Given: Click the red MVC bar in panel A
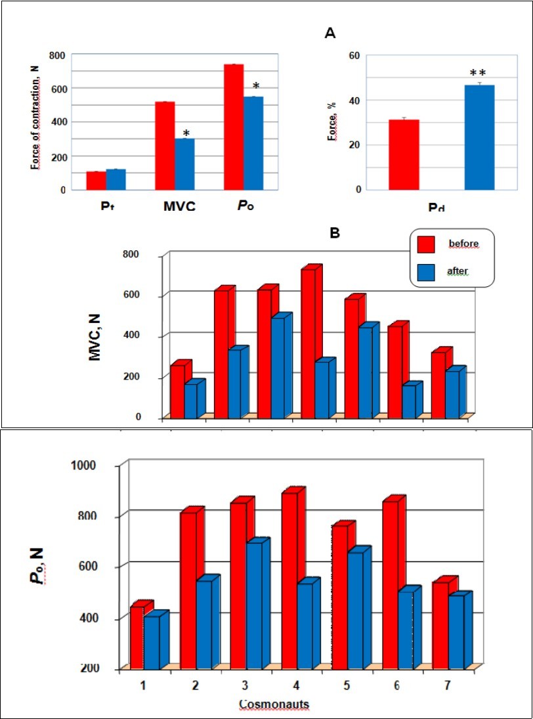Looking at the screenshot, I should pyautogui.click(x=164, y=146).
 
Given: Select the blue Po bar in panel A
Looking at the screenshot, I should pyautogui.click(x=253, y=143).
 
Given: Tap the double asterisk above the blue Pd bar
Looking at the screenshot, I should pyautogui.click(x=479, y=73).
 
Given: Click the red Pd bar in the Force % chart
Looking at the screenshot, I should pyautogui.click(x=404, y=155).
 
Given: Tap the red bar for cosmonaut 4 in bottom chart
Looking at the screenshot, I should pyautogui.click(x=289, y=580).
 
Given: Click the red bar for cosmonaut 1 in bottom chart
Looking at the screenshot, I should pyautogui.click(x=137, y=638).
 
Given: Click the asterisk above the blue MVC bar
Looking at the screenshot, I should pyautogui.click(x=186, y=133).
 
